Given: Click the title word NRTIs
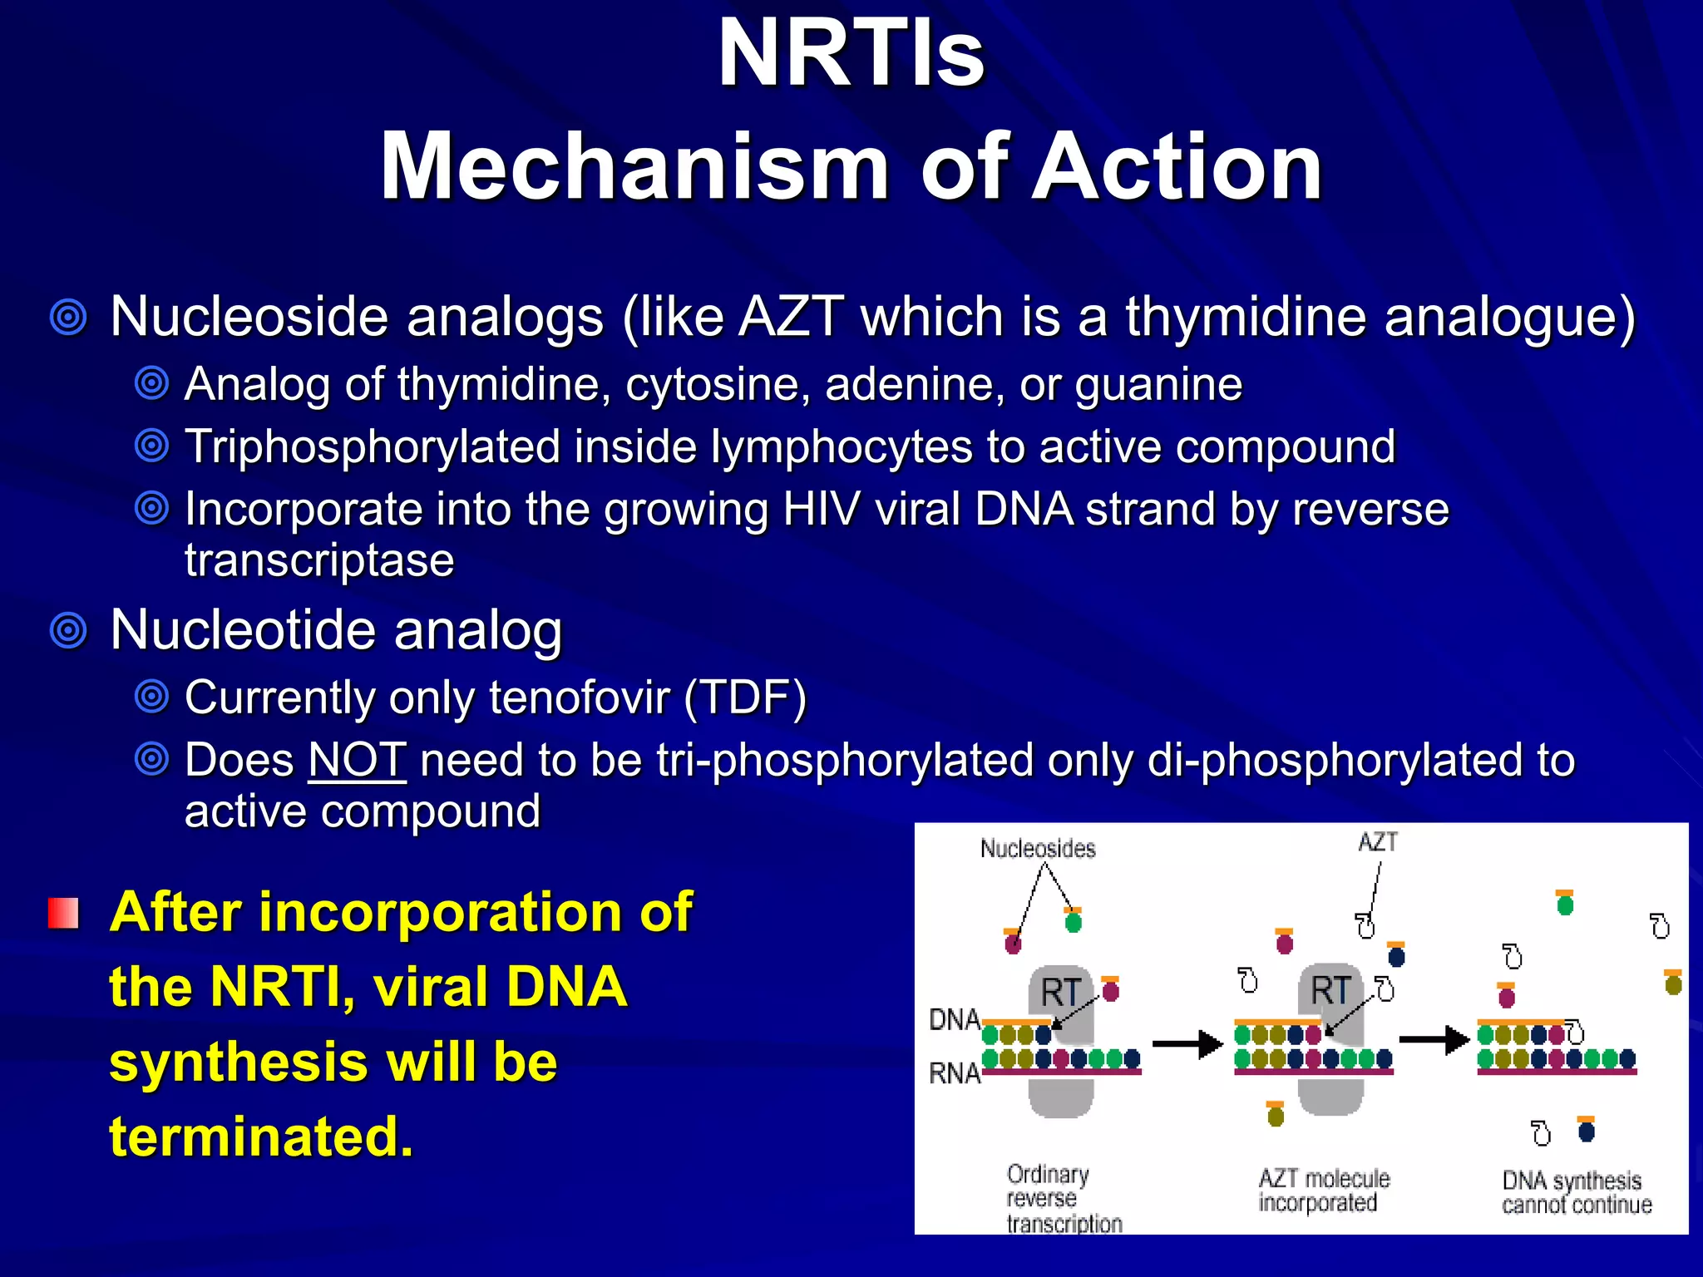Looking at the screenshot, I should [x=851, y=54].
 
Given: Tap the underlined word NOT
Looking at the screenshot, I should [x=357, y=760].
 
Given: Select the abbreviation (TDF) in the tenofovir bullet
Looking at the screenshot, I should [x=745, y=697].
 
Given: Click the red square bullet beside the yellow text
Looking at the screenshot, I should [x=63, y=913].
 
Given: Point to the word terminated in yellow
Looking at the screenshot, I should [x=260, y=1136].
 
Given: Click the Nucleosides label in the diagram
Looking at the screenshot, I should [x=1038, y=848].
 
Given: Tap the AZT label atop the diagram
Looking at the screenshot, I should [x=1378, y=842].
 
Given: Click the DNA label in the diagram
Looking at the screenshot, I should [x=954, y=1019].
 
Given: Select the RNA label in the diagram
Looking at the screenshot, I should [x=954, y=1073].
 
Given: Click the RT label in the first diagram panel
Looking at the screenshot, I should [x=1060, y=992].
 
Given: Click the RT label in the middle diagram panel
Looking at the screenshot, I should [x=1330, y=990].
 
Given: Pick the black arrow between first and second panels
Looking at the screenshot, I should [x=1187, y=1043].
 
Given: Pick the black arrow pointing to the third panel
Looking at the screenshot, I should [x=1434, y=1040].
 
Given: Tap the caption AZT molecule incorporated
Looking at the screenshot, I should [x=1322, y=1191].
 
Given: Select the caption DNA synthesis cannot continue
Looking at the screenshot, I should [x=1575, y=1193].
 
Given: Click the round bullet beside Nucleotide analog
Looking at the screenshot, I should [x=68, y=631].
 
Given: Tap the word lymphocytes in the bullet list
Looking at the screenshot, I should [x=841, y=446].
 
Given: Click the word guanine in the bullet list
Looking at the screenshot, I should [x=1158, y=384].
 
